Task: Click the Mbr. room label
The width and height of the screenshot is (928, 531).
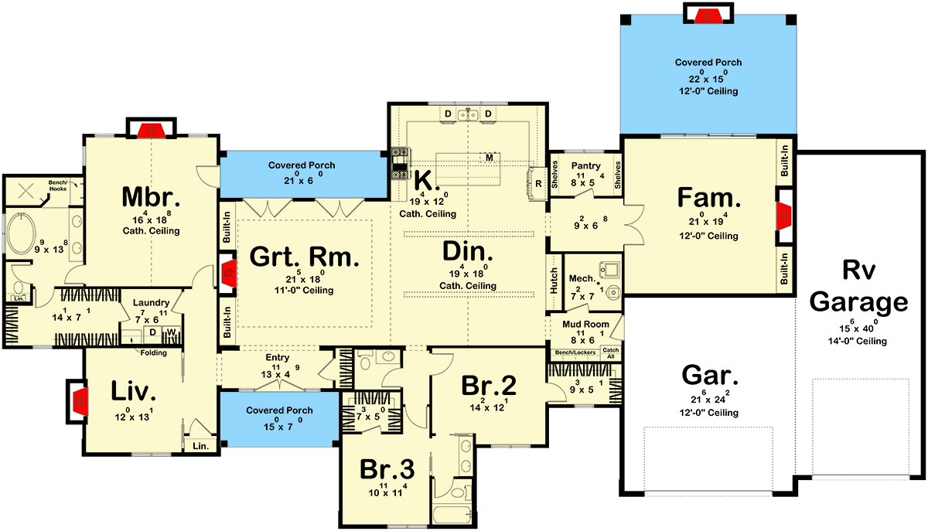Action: point(151,198)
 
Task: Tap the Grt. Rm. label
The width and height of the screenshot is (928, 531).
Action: point(305,257)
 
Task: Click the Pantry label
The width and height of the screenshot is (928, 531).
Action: point(585,166)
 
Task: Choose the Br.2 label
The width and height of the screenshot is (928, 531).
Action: point(488,385)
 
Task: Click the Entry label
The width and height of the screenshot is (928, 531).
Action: point(276,357)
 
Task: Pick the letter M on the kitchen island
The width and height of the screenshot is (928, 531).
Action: point(490,158)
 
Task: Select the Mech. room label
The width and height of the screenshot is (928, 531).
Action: point(581,278)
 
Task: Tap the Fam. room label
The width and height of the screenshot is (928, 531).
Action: point(709,198)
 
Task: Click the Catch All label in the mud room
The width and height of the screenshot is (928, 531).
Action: point(610,352)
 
